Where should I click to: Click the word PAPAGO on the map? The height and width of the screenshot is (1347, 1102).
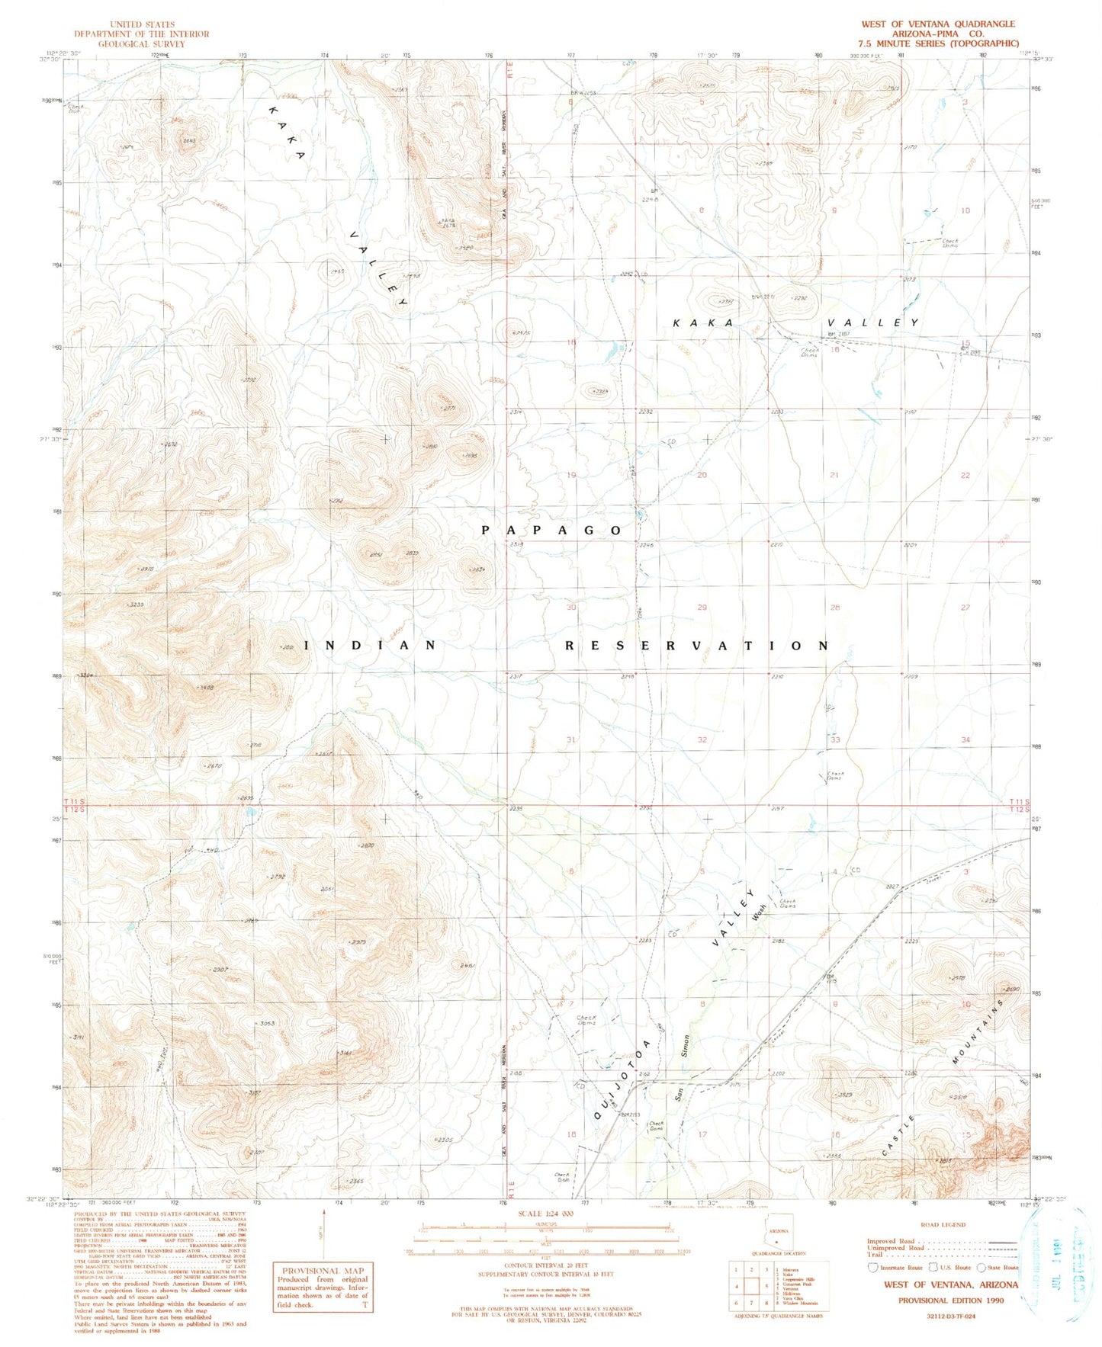(x=551, y=530)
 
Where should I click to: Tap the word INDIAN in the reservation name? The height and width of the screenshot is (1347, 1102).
(x=371, y=645)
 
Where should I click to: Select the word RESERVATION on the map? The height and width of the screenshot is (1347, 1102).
(x=696, y=646)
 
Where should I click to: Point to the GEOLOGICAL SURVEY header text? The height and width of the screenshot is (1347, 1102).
(x=141, y=43)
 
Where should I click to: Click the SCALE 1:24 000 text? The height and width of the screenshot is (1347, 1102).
(x=545, y=1214)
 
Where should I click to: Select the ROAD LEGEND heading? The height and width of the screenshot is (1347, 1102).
(x=943, y=1224)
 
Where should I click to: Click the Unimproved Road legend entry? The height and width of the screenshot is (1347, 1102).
(x=895, y=1248)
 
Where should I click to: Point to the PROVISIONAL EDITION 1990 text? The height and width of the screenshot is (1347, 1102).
(x=950, y=1300)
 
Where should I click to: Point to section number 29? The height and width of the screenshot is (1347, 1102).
(x=702, y=607)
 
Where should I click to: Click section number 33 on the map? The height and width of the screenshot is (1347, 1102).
(x=835, y=739)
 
